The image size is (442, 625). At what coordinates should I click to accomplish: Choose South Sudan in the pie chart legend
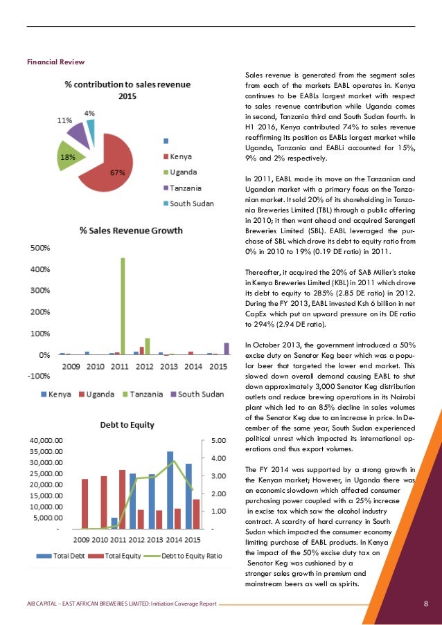tap(192, 203)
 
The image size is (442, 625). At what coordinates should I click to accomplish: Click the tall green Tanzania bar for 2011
tap(123, 305)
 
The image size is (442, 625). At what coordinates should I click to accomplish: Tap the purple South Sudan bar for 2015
tap(226, 348)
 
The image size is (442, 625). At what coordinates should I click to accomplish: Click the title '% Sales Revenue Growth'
tap(131, 230)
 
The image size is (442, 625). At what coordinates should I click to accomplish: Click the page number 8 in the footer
tap(426, 604)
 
